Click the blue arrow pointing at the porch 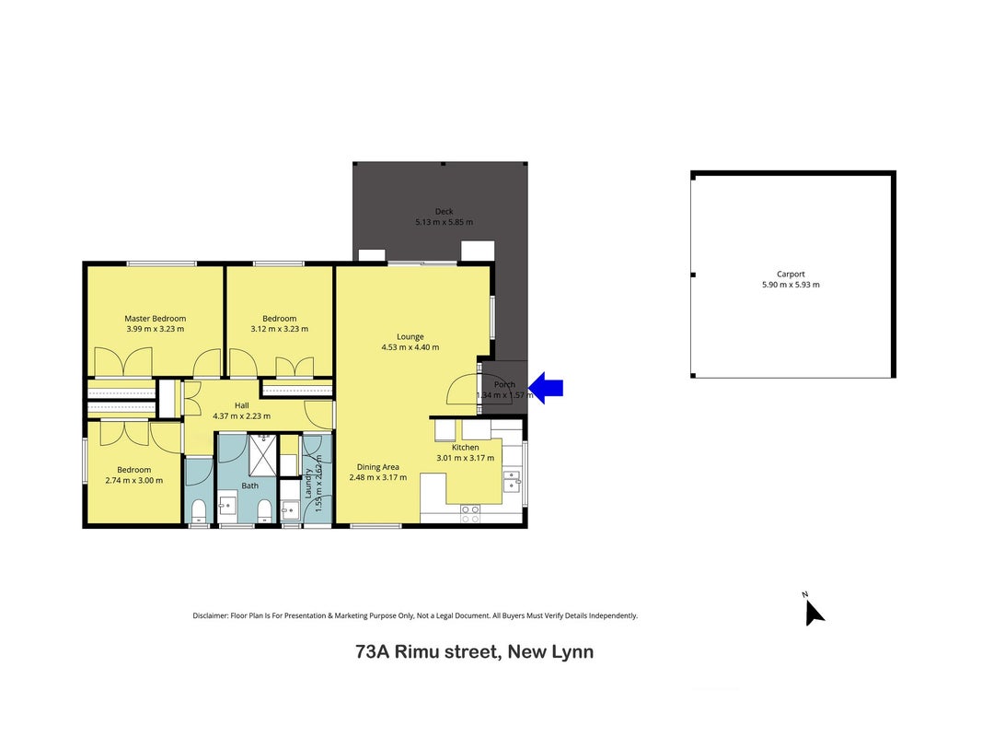[x=546, y=388]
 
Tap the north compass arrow [x=813, y=612]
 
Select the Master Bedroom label [x=156, y=319]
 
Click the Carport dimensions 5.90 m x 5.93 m [x=791, y=285]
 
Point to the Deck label [x=444, y=212]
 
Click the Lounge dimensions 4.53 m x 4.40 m [x=410, y=347]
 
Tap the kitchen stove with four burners [x=470, y=514]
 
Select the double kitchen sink [x=513, y=481]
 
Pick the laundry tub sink [x=290, y=509]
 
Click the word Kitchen [x=466, y=448]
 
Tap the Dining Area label [x=377, y=467]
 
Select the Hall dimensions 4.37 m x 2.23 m [x=242, y=416]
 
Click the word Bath [x=250, y=485]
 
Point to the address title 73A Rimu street [x=428, y=651]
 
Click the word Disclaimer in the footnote [x=211, y=615]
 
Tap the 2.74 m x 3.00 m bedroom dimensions [x=134, y=481]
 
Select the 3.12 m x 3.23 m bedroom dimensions [x=279, y=329]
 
